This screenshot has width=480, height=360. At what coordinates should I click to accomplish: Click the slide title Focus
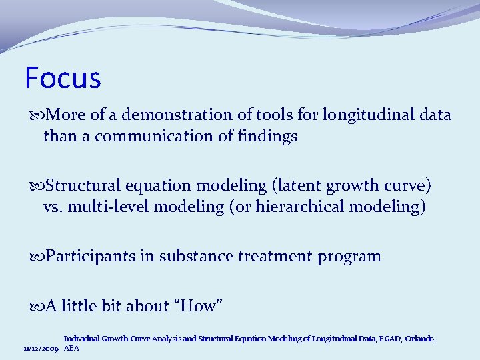63,78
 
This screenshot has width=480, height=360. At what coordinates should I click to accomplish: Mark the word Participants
91,257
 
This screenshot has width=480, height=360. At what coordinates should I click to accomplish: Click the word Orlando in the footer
419,339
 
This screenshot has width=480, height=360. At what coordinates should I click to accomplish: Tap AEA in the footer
71,349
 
